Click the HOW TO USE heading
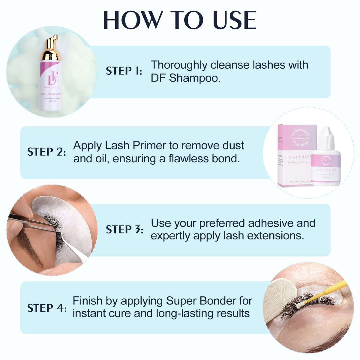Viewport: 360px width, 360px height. coord(180,20)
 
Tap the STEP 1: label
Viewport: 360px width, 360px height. coord(124,71)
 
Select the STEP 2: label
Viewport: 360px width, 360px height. coord(46,152)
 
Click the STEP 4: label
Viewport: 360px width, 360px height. coord(46,308)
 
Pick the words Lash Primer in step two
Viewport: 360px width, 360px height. coord(136,145)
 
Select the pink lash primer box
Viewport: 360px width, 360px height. coord(295,156)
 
